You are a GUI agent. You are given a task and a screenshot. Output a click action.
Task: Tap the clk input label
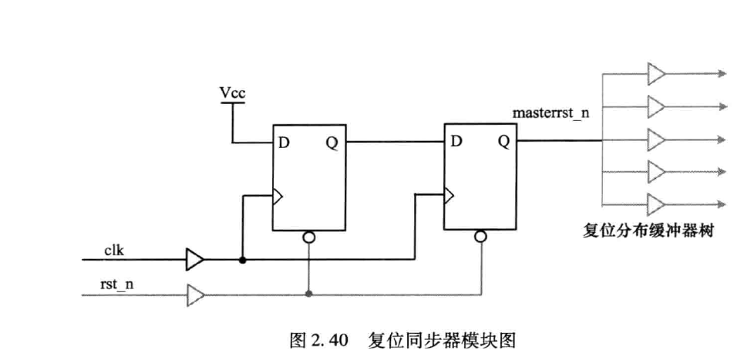pyautogui.click(x=114, y=251)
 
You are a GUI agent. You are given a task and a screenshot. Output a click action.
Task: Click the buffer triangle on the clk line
pyautogui.click(x=195, y=260)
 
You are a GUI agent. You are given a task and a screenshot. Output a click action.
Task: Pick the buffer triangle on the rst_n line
pyautogui.click(x=196, y=295)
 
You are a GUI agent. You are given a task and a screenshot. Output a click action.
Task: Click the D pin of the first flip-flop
pyautogui.click(x=284, y=143)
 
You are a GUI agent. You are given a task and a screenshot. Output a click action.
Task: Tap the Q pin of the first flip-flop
pyautogui.click(x=332, y=143)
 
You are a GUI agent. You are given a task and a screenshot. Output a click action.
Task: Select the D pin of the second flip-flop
pyautogui.click(x=456, y=141)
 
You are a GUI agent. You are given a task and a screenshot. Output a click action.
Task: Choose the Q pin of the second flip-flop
pyautogui.click(x=503, y=141)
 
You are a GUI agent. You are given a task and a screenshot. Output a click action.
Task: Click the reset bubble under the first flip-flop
pyautogui.click(x=308, y=237)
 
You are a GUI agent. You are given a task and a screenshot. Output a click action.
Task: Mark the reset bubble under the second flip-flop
pyautogui.click(x=480, y=236)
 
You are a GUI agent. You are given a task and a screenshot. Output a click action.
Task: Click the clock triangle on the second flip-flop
pyautogui.click(x=449, y=195)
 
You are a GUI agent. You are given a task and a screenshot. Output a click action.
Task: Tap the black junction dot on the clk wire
pyautogui.click(x=242, y=260)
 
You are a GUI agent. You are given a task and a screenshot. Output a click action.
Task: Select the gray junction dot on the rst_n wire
pyautogui.click(x=308, y=295)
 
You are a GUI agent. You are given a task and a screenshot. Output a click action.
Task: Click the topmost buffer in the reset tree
pyautogui.click(x=656, y=74)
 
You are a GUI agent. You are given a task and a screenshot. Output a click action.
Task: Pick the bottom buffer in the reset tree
pyautogui.click(x=656, y=204)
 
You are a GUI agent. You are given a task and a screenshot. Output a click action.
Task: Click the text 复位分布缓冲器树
pyautogui.click(x=648, y=232)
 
